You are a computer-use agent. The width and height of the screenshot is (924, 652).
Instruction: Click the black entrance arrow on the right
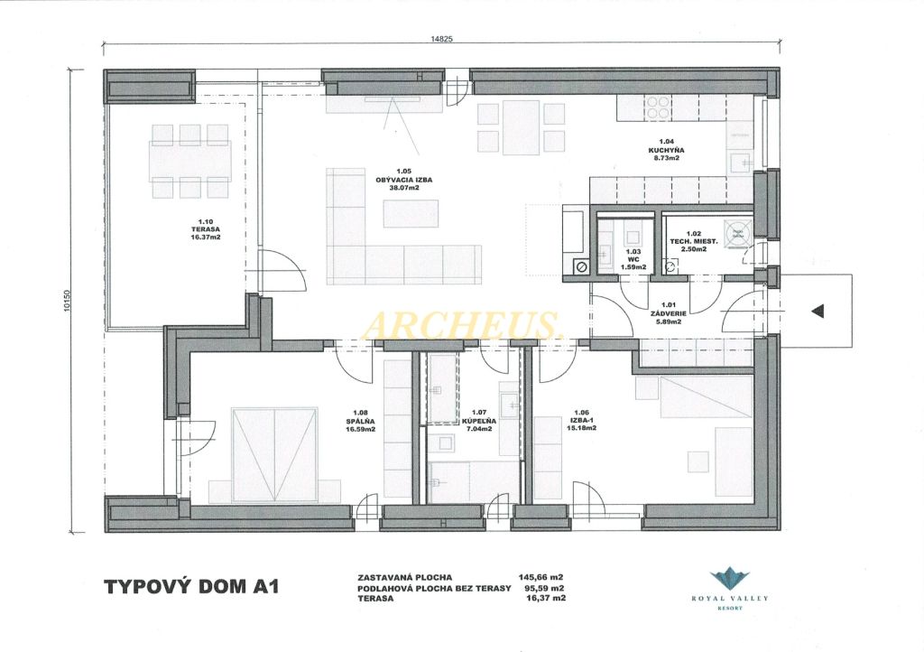pyautogui.click(x=818, y=312)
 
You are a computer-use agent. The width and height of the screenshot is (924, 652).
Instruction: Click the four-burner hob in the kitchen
pyautogui.click(x=658, y=108)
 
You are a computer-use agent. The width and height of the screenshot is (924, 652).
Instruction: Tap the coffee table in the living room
pyautogui.click(x=411, y=213)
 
